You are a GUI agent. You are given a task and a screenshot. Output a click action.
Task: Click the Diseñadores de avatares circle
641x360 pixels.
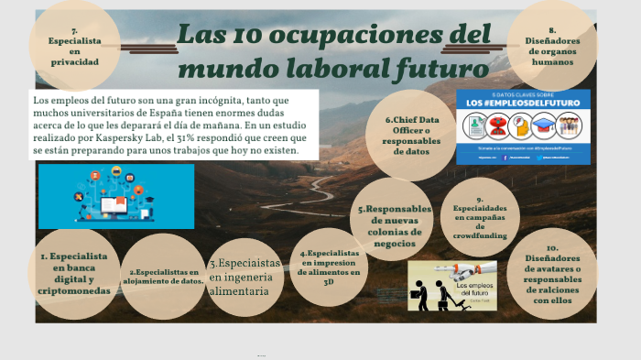(x=551, y=273)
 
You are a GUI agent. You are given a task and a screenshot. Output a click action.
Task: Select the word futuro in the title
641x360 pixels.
(x=439, y=68)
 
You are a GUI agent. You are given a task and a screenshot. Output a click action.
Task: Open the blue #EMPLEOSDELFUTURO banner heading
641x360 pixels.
(x=523, y=104)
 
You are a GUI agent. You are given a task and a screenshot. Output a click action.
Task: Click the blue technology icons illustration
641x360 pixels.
(x=116, y=196)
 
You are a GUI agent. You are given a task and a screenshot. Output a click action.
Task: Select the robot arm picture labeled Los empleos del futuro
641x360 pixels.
(x=451, y=286)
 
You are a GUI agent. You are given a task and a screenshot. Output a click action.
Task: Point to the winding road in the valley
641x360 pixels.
(x=316, y=192)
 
